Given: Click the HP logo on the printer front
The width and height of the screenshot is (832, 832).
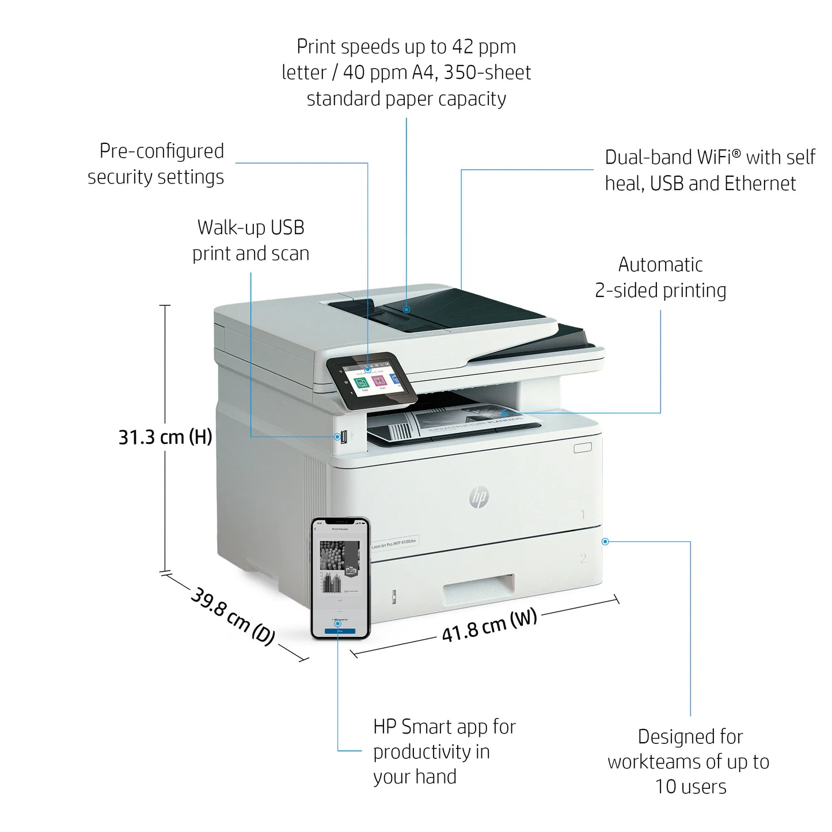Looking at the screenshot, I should pyautogui.click(x=478, y=497).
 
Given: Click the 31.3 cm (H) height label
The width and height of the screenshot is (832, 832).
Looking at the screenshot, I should pyautogui.click(x=165, y=437).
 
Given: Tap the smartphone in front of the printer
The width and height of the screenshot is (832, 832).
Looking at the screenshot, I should pyautogui.click(x=340, y=578).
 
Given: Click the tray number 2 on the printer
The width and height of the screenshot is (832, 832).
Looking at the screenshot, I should pyautogui.click(x=583, y=558).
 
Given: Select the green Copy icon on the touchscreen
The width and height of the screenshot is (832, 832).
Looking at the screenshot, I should pyautogui.click(x=362, y=383).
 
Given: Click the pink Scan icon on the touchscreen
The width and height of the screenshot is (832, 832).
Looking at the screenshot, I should pyautogui.click(x=379, y=381).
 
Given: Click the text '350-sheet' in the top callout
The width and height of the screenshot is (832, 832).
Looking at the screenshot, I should pyautogui.click(x=487, y=73).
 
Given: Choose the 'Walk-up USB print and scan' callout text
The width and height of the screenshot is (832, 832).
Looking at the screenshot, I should pyautogui.click(x=250, y=240).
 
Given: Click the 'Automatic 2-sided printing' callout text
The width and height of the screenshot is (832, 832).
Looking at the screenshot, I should pyautogui.click(x=660, y=278).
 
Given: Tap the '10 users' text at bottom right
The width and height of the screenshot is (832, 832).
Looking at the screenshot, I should pyautogui.click(x=690, y=787).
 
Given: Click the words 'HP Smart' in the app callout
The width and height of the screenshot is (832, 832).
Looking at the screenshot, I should pyautogui.click(x=413, y=727).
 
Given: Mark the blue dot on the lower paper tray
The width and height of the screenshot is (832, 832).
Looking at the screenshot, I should pyautogui.click(x=605, y=541).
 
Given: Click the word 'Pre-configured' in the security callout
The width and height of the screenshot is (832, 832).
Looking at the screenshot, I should pyautogui.click(x=162, y=151).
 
